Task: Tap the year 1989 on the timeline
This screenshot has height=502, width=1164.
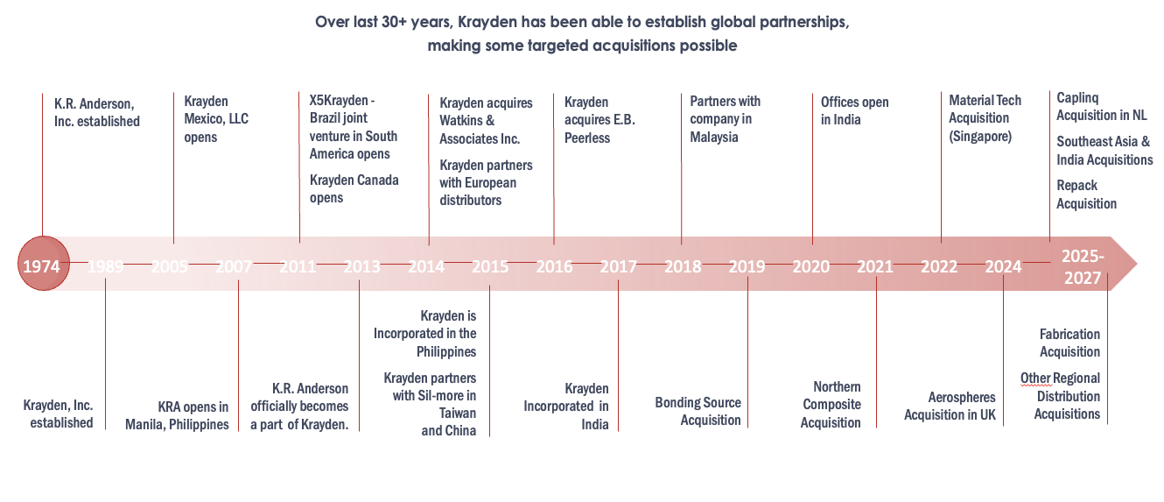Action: (106, 266)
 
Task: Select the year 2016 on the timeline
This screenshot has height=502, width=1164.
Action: (554, 266)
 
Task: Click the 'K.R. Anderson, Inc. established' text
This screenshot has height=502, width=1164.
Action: (96, 113)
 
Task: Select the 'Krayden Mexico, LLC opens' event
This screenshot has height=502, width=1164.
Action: (215, 119)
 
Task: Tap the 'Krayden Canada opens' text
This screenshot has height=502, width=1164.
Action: (354, 188)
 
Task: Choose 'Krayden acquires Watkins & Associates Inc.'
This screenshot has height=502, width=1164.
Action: (485, 121)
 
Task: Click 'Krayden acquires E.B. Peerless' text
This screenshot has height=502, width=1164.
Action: (600, 119)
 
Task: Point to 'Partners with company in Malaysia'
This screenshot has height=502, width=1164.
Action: (725, 119)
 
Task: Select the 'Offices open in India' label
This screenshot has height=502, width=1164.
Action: (854, 110)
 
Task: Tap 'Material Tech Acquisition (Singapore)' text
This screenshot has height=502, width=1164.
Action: (985, 118)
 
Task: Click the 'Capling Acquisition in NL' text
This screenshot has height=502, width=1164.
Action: (1101, 107)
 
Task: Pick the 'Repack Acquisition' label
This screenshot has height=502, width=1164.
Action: (1086, 194)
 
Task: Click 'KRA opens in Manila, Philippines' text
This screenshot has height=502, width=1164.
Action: (193, 415)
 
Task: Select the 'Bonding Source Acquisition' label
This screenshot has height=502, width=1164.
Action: (698, 411)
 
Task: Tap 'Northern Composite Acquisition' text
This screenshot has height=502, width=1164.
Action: (831, 405)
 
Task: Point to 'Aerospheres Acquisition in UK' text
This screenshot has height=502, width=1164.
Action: (950, 406)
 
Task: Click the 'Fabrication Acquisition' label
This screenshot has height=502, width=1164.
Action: (1069, 343)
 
